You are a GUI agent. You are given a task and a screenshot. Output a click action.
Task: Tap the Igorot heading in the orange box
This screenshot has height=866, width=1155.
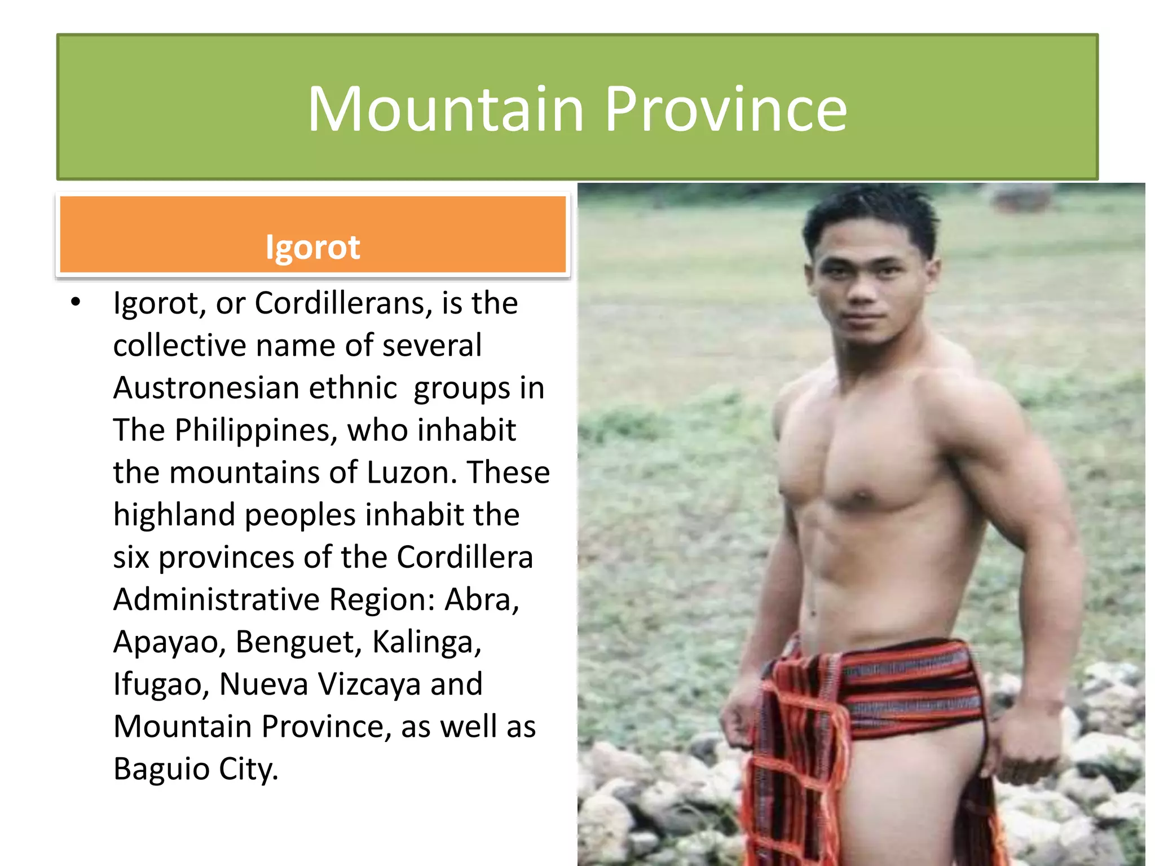[x=312, y=247]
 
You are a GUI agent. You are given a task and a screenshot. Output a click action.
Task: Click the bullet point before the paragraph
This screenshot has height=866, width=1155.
[x=76, y=303]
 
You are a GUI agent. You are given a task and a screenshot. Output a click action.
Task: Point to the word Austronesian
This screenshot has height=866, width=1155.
[x=206, y=388]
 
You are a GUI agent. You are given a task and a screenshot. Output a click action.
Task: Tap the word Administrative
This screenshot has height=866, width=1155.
[x=217, y=599]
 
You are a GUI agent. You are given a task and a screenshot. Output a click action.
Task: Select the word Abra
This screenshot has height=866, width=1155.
[x=481, y=599]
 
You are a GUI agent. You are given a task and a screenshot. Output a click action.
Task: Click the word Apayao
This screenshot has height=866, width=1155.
[x=169, y=642]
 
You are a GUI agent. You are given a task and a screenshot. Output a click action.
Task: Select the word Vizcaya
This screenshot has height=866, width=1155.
[x=369, y=684]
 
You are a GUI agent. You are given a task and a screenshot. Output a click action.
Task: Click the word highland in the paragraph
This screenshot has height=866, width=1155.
[x=174, y=515]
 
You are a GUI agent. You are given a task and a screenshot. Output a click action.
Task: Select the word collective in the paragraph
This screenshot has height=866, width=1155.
[x=179, y=346]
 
